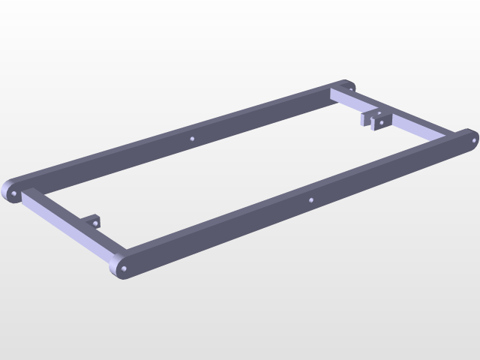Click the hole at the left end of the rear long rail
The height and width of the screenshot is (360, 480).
click(13, 193)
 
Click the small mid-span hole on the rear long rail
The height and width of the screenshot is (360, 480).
click(192, 139)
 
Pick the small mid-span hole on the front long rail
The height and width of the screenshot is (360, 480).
click(310, 200)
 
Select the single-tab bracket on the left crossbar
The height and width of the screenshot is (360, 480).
click(93, 222)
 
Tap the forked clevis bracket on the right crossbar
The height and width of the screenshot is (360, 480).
click(375, 119)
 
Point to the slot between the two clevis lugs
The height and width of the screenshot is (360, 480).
click(373, 118)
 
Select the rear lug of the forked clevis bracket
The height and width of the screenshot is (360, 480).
click(365, 118)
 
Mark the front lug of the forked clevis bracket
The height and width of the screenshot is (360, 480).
click(380, 121)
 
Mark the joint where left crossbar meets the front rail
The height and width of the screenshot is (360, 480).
click(112, 255)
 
